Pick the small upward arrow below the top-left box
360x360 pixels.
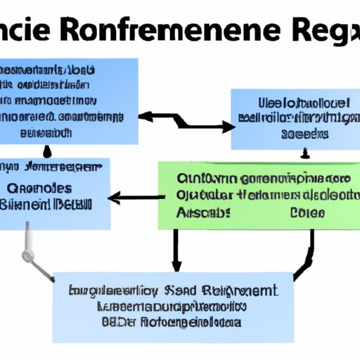coord(46,150)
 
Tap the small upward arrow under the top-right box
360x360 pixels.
coord(306,152)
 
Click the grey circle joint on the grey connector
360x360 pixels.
coord(27,256)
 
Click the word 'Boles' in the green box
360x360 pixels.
coord(307,211)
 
